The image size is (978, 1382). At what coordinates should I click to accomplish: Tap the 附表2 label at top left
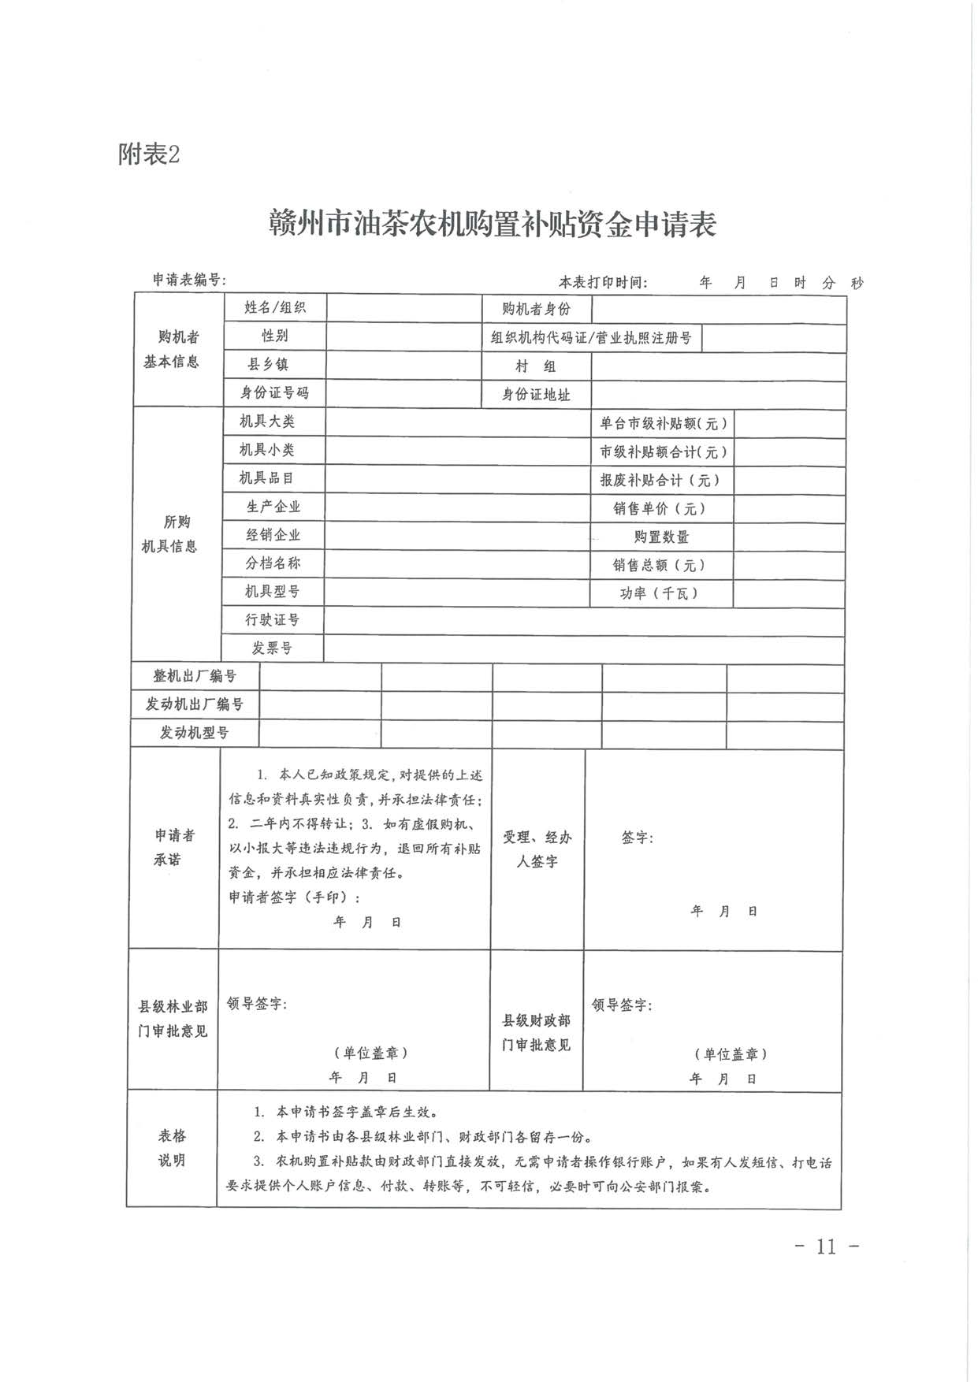(x=149, y=154)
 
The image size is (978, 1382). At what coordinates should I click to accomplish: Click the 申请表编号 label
(x=189, y=280)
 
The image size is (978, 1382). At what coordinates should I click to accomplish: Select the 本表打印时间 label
(x=603, y=282)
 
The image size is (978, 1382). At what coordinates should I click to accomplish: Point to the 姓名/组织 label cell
(x=274, y=308)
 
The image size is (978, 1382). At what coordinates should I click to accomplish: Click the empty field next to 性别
(x=403, y=336)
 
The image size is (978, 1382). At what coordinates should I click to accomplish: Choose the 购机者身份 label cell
(x=536, y=310)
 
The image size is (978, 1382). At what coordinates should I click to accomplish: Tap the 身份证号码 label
(x=274, y=392)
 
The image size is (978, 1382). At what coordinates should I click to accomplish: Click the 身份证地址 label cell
(x=536, y=394)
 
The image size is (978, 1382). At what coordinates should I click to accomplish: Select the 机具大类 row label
(x=267, y=422)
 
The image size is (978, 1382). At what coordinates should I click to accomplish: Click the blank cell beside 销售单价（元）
(x=789, y=509)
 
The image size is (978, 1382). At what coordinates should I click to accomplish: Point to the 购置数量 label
(x=661, y=537)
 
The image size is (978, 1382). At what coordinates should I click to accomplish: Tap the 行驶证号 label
(x=272, y=620)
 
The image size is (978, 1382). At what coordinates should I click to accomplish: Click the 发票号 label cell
(x=272, y=648)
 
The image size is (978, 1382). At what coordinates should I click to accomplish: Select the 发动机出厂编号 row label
(x=194, y=704)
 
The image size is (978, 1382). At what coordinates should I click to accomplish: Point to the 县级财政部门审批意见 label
(x=536, y=1032)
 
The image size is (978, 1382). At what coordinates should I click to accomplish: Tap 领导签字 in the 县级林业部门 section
(x=256, y=1004)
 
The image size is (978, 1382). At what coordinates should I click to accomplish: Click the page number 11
(x=826, y=1246)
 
